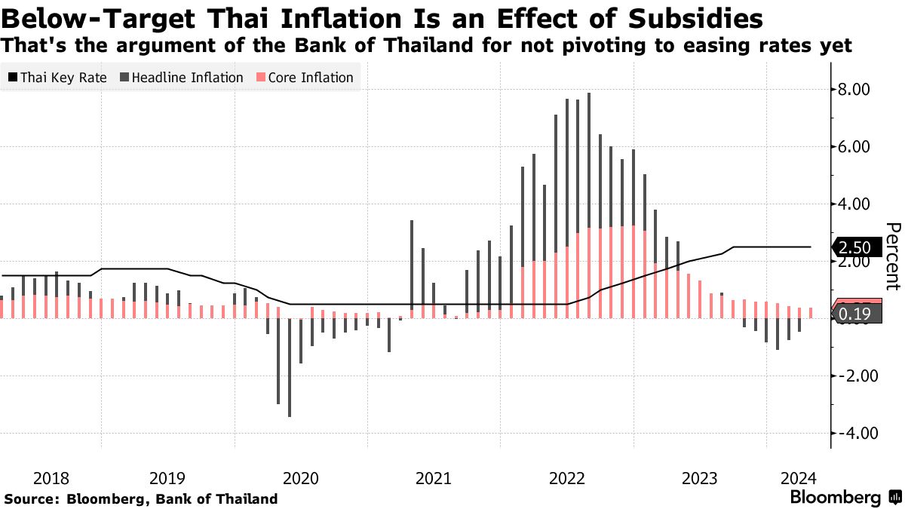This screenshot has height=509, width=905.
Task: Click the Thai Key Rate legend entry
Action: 57,77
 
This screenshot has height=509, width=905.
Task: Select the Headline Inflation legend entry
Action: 180,77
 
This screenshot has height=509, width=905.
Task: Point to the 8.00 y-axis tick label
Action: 854,90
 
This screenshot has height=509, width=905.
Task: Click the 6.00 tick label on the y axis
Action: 854,147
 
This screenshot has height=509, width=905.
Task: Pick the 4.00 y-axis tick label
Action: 854,204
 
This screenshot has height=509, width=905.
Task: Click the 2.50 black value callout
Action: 856,247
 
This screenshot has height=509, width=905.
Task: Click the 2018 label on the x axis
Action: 52,477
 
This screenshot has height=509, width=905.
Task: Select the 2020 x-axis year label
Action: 299,477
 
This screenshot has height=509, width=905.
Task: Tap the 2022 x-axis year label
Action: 566,477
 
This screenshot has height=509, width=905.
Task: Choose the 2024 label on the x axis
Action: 798,477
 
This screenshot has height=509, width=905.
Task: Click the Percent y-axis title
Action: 893,256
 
